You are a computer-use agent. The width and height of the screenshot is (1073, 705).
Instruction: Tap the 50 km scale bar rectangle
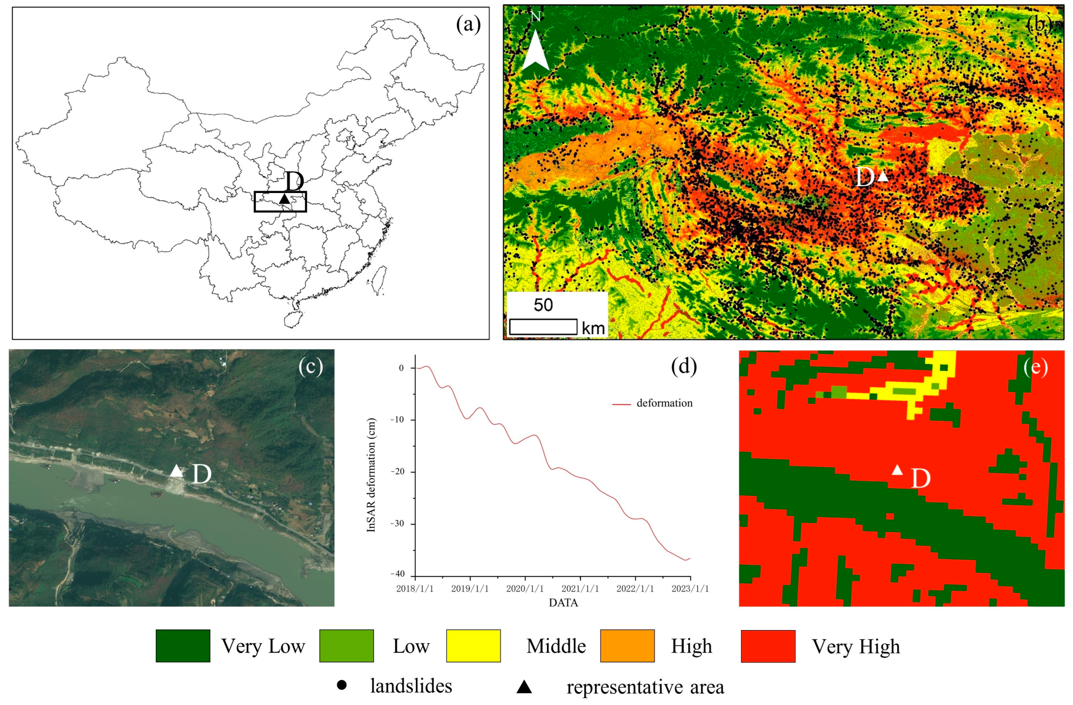[x=543, y=327]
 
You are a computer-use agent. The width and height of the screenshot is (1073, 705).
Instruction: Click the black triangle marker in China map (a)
[x=284, y=199]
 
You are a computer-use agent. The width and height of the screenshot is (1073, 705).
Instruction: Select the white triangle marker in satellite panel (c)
[x=176, y=471]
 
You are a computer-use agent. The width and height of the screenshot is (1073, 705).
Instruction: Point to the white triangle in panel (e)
[x=897, y=470]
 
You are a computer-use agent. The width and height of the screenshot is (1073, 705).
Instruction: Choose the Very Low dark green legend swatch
[x=183, y=646]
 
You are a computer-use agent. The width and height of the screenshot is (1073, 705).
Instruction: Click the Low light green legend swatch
[x=346, y=646]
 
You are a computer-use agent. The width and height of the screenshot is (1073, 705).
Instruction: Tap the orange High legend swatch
[x=627, y=646]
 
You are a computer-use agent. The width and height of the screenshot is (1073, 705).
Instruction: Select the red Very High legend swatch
[x=768, y=646]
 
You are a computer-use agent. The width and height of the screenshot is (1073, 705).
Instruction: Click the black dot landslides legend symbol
[x=342, y=685]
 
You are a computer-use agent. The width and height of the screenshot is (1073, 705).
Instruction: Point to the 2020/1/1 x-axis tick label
[x=525, y=589]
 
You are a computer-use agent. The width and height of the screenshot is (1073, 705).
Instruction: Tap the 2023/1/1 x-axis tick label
[x=690, y=589]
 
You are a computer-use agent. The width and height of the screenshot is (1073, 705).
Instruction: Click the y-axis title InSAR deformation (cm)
[x=371, y=475]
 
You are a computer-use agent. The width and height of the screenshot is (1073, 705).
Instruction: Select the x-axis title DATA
[x=563, y=603]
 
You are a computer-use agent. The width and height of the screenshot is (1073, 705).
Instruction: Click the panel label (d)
[x=684, y=366]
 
